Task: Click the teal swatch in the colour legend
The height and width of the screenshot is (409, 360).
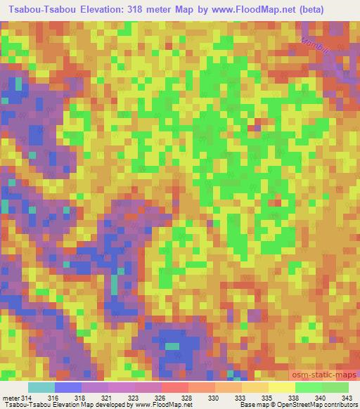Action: coord(41,387)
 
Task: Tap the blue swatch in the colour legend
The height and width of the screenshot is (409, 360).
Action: coord(67,387)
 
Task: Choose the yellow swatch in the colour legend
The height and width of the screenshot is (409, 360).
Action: coord(281,387)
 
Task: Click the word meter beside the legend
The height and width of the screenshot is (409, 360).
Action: coord(10,398)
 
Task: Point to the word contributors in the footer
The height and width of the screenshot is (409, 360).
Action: coord(340,405)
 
